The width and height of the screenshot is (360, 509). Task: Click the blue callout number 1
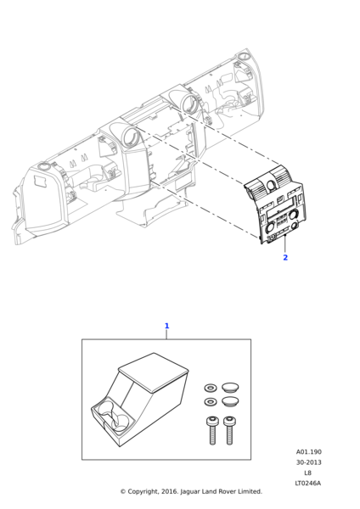[x=167, y=326]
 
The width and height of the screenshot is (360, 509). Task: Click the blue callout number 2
[x=285, y=257]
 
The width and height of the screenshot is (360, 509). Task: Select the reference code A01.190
[x=309, y=452]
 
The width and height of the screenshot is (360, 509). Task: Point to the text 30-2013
[x=309, y=462]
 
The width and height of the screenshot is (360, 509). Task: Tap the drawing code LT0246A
[x=307, y=483]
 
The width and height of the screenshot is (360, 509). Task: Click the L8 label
[x=307, y=473]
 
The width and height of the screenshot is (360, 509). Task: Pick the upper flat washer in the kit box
[x=211, y=388]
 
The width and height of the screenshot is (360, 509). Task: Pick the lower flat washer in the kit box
[x=211, y=402]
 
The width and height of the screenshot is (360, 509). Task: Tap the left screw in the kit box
[x=212, y=430]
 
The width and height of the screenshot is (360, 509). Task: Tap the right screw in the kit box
[x=229, y=430]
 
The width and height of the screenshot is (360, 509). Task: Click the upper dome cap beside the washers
[x=230, y=388]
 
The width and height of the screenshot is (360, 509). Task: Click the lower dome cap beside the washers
[x=230, y=401]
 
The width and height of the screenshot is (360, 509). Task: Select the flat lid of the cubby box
[x=154, y=372]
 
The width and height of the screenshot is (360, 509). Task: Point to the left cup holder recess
[x=105, y=409]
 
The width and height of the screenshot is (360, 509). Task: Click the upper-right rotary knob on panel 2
[x=294, y=214]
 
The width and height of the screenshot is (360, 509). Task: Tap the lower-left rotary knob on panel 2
[x=270, y=228]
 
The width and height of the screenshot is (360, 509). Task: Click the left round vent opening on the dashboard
[x=131, y=137]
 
